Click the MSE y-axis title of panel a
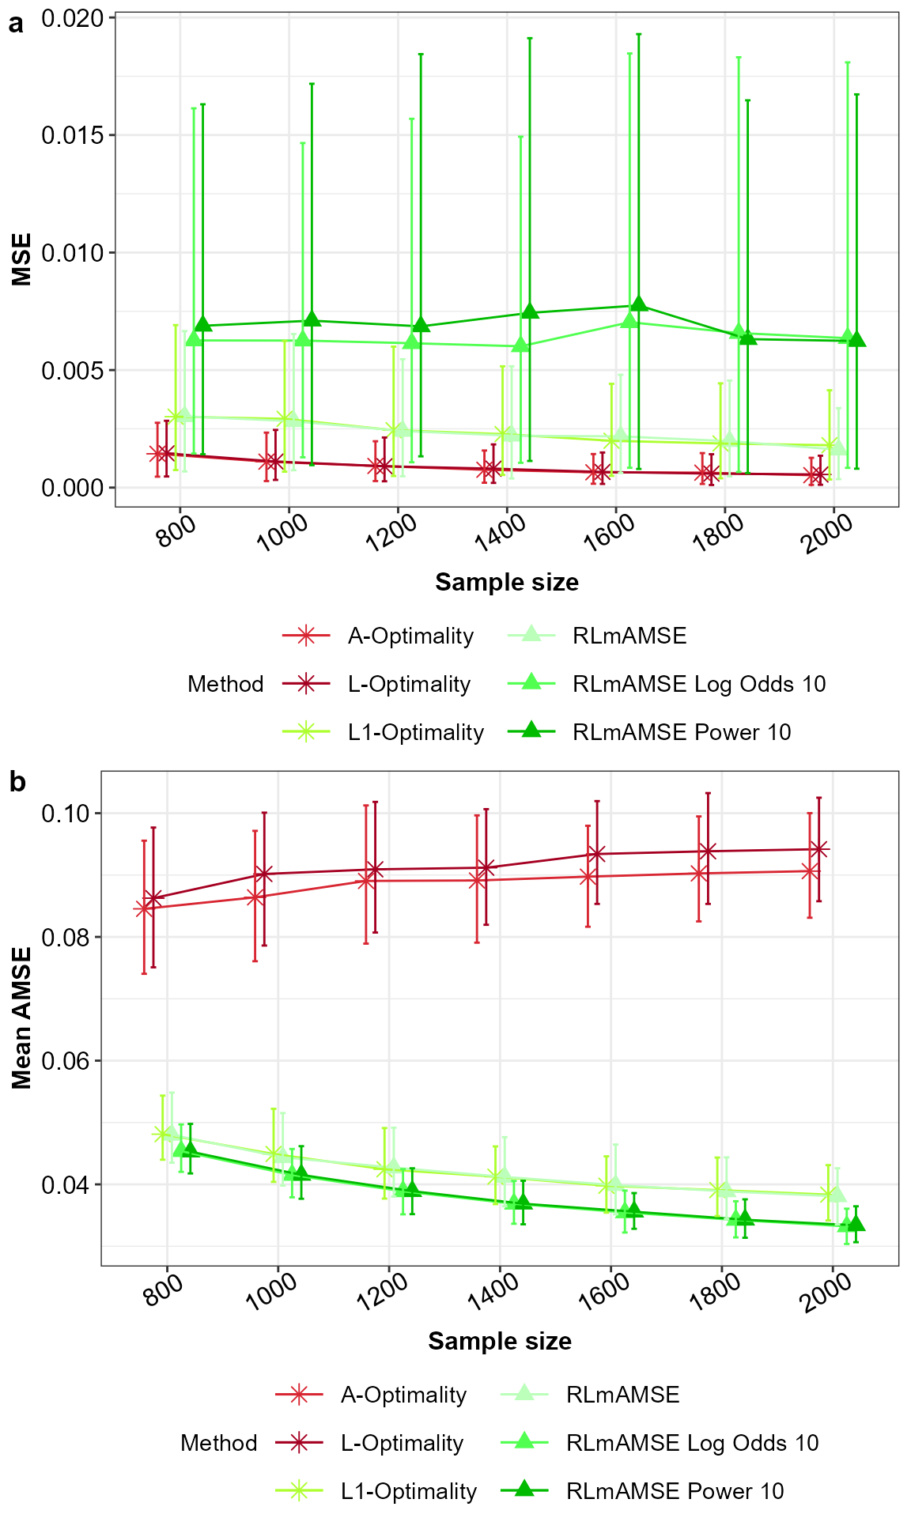[22, 259]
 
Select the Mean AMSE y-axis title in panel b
[22, 1018]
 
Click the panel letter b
[17, 782]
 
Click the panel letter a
[16, 24]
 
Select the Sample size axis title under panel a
[506, 583]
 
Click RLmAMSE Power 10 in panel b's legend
[675, 1491]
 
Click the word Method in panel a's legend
[225, 684]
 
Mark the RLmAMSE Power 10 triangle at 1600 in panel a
[639, 305]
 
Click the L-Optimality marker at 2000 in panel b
[819, 849]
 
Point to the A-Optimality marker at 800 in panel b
[144, 908]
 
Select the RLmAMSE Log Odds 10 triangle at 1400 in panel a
[520, 346]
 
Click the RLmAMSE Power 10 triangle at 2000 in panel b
[856, 1225]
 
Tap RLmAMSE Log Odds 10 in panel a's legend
[698, 684]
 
